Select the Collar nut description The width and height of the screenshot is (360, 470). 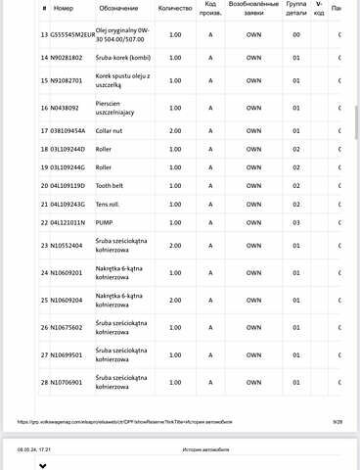click(x=110, y=129)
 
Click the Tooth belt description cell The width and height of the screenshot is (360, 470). click(x=111, y=185)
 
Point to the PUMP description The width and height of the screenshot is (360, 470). click(x=105, y=222)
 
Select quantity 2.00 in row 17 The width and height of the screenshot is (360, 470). click(x=175, y=129)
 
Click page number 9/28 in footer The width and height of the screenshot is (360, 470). click(x=337, y=421)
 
